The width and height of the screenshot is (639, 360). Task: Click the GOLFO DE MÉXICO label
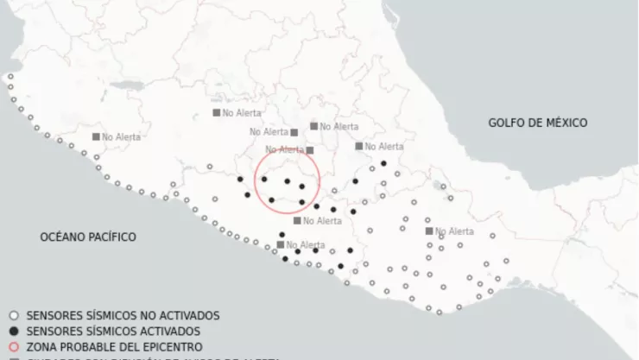(537, 123)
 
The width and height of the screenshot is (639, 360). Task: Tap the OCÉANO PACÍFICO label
(88, 236)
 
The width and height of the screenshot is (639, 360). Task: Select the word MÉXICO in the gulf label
(566, 123)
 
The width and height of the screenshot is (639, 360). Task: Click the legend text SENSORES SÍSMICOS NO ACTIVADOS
(123, 315)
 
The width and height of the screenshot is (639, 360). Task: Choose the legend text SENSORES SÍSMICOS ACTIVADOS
(113, 331)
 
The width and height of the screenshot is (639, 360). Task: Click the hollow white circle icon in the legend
(12, 315)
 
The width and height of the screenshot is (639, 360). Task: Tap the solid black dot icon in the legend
(12, 331)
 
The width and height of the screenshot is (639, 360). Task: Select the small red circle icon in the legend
(12, 346)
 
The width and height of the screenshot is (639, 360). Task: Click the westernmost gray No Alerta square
(96, 136)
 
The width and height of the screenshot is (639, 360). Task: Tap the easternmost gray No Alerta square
(429, 231)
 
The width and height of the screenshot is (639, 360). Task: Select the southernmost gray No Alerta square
(281, 244)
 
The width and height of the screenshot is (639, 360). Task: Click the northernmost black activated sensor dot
(383, 162)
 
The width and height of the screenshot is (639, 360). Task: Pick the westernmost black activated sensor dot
(240, 180)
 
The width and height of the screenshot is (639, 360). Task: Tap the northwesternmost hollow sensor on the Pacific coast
(10, 77)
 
